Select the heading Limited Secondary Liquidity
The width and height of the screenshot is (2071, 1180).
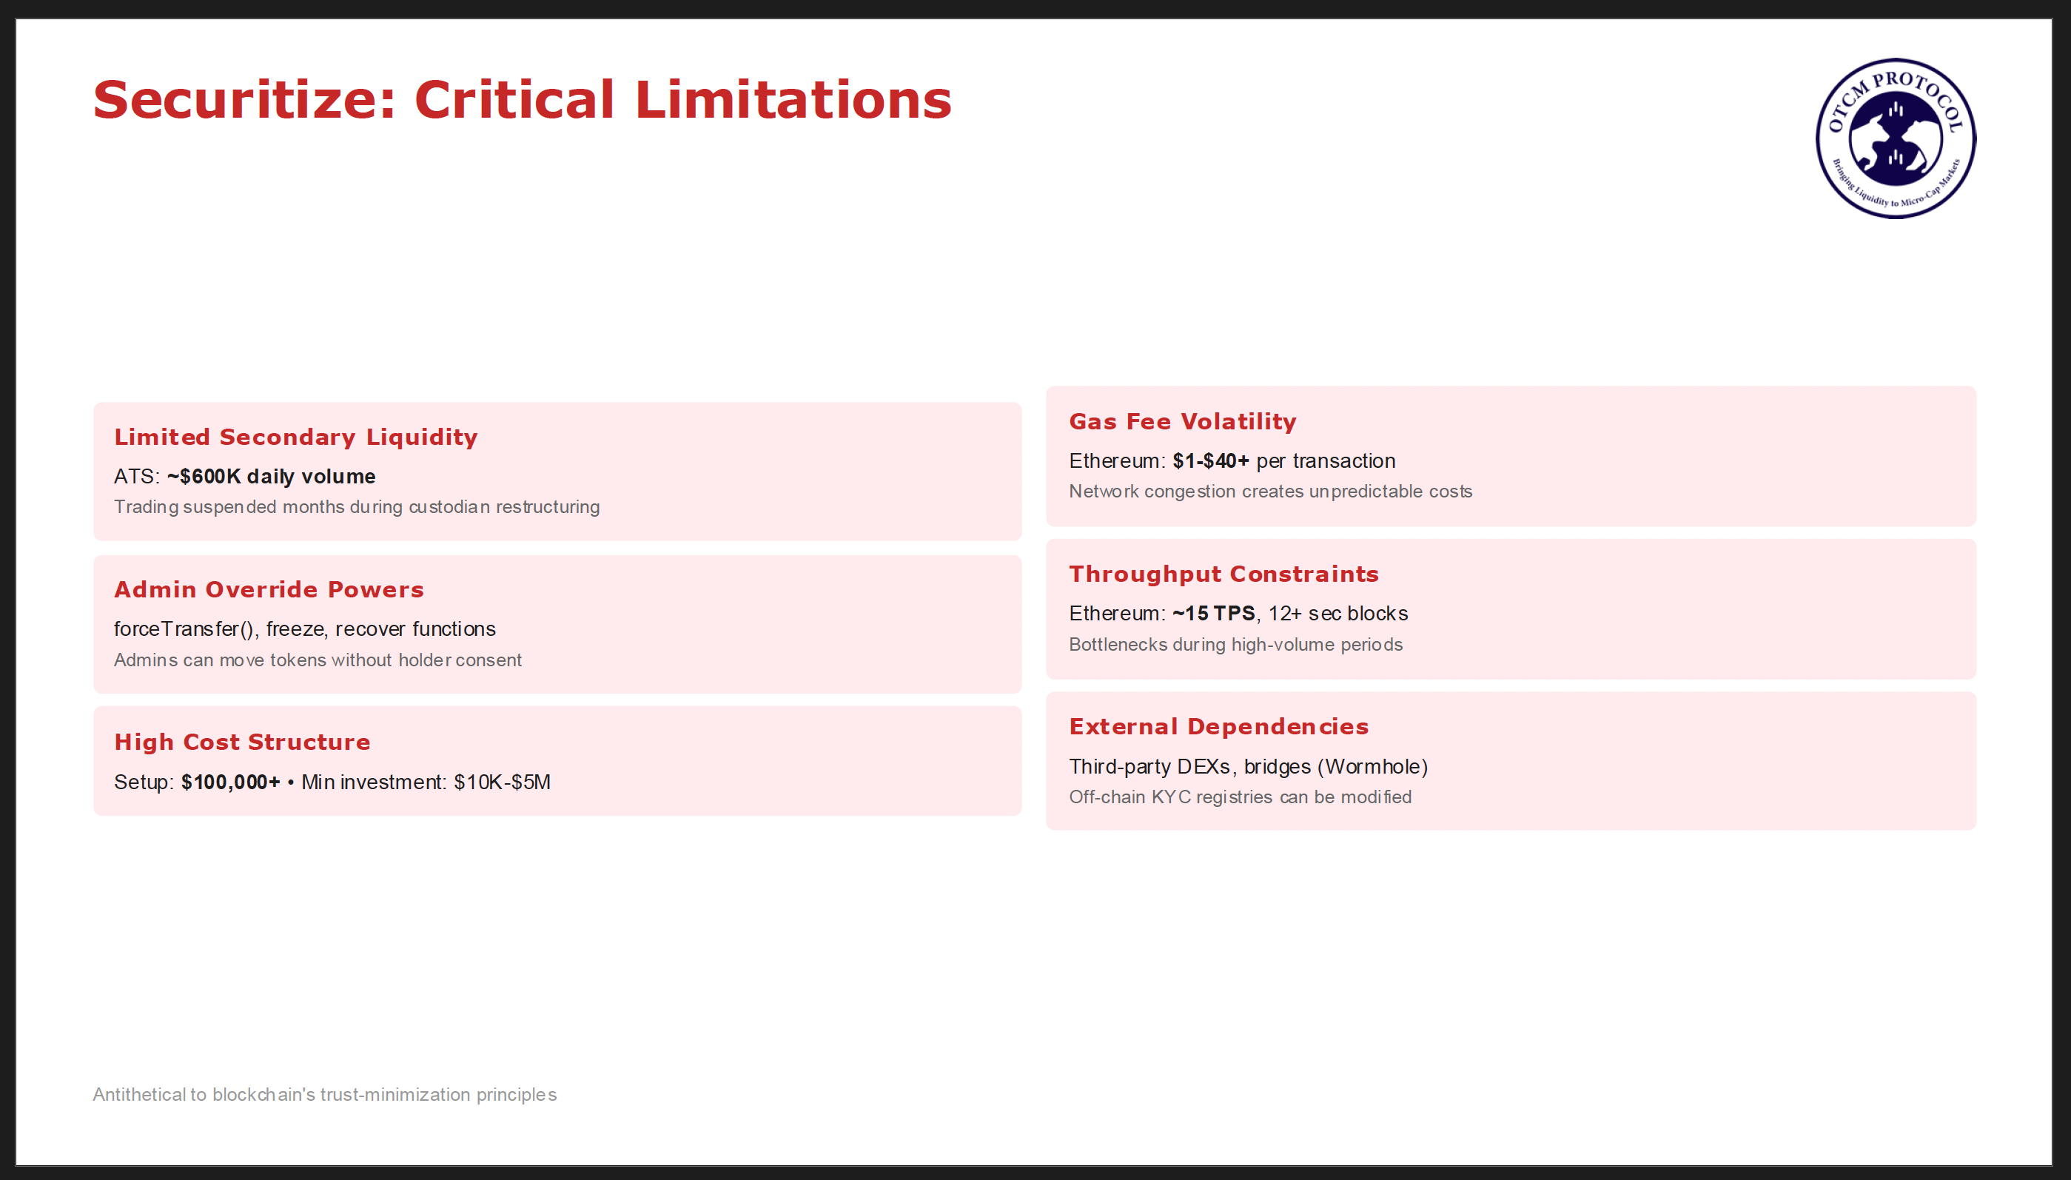[296, 438]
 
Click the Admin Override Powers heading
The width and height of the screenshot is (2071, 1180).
[269, 590]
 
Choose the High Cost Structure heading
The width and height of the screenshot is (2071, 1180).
[242, 742]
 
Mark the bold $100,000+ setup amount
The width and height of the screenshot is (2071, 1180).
[231, 782]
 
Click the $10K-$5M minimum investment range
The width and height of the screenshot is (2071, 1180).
[503, 782]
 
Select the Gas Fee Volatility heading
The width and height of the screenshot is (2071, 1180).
[1183, 422]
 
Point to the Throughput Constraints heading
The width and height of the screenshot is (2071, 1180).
[1224, 574]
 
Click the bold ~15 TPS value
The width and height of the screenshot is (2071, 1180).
[1214, 614]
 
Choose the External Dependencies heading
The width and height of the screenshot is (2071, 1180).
[1219, 727]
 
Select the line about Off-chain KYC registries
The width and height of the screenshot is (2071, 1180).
[1241, 797]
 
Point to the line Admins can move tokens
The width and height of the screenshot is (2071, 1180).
[318, 660]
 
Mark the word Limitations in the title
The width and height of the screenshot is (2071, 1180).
[793, 101]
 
